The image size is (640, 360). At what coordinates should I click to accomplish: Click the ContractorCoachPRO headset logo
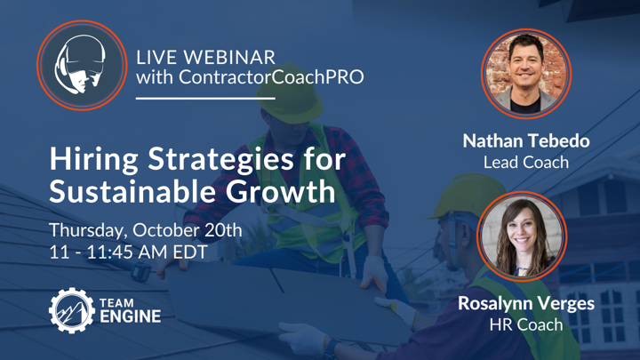(x=82, y=65)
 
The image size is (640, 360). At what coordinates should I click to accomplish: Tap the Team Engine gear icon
(x=71, y=310)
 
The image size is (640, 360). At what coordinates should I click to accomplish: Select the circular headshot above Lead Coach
(x=526, y=74)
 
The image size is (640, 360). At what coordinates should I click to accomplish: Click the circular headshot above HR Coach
(x=522, y=236)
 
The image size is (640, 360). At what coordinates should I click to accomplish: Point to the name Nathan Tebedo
(x=526, y=140)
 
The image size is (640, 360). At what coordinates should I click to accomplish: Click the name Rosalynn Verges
(x=526, y=303)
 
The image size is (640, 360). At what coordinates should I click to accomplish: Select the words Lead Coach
(x=526, y=163)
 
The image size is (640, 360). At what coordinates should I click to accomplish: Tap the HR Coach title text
(x=526, y=325)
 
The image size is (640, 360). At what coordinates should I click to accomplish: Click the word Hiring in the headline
(x=94, y=160)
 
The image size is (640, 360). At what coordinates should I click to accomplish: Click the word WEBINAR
(x=229, y=58)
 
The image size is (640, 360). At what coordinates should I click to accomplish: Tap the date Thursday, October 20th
(x=146, y=230)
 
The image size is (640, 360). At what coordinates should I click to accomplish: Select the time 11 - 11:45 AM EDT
(x=129, y=252)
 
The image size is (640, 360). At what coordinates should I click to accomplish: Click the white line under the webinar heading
(x=205, y=99)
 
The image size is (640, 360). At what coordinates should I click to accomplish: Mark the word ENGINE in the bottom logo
(x=130, y=316)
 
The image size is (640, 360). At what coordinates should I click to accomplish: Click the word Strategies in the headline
(x=220, y=160)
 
